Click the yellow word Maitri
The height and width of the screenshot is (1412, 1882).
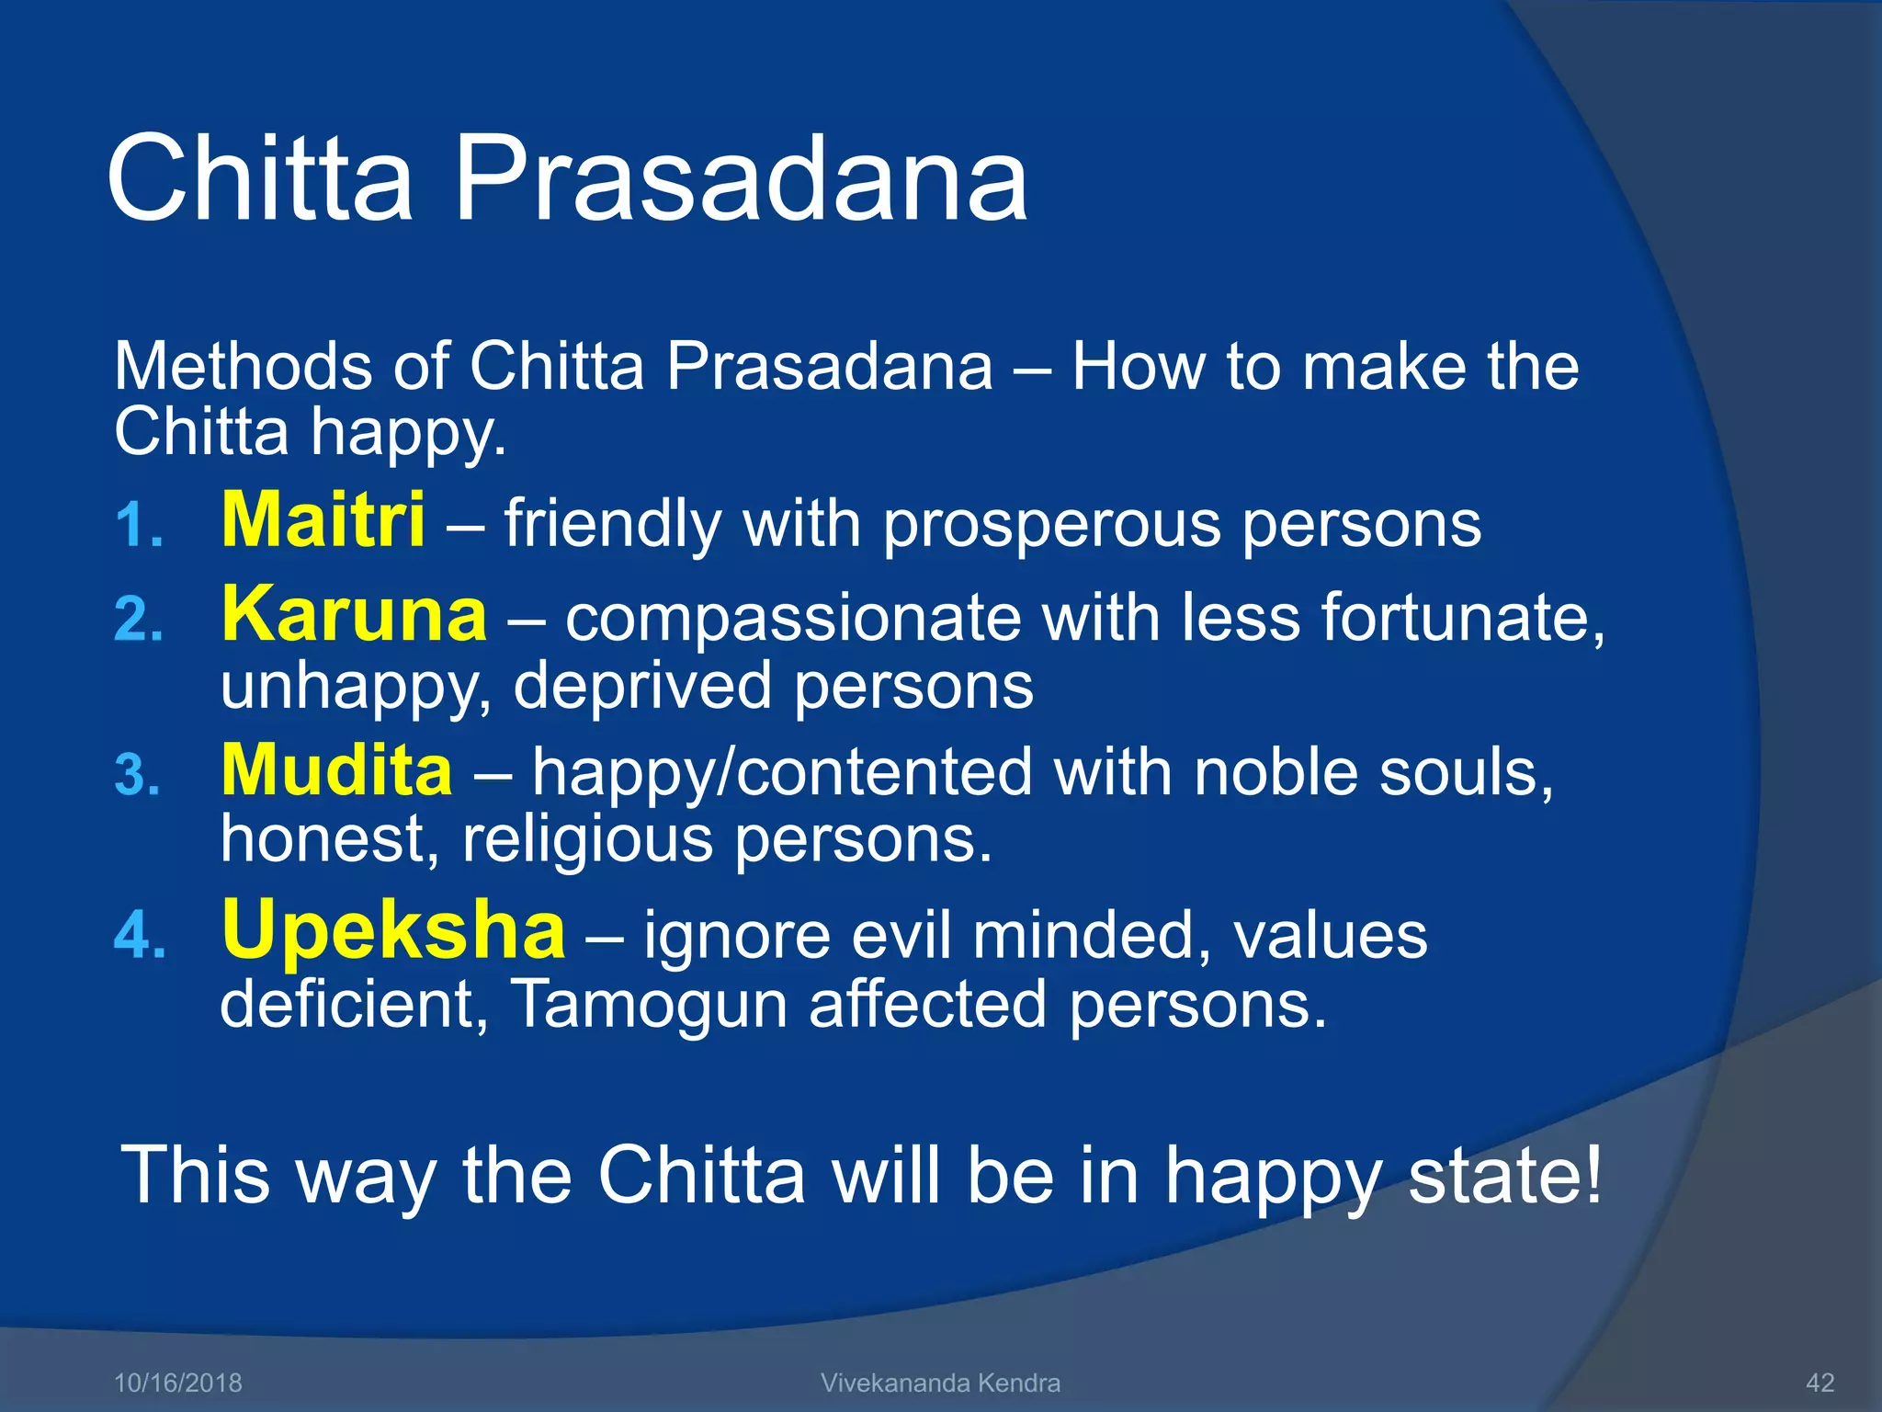pyautogui.click(x=323, y=520)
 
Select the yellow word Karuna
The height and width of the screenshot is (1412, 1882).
pyautogui.click(x=354, y=615)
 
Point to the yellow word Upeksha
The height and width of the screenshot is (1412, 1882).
pyautogui.click(x=393, y=930)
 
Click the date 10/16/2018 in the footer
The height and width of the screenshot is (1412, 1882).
pyautogui.click(x=177, y=1383)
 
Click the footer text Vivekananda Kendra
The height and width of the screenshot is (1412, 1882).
pyautogui.click(x=940, y=1383)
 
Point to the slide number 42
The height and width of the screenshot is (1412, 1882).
pyautogui.click(x=1820, y=1383)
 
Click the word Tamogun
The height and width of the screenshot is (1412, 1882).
pyautogui.click(x=648, y=1004)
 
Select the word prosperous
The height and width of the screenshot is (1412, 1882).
pyautogui.click(x=1051, y=526)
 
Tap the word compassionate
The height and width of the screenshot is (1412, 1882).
pyautogui.click(x=792, y=620)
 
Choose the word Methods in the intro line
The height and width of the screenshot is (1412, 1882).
pyautogui.click(x=242, y=367)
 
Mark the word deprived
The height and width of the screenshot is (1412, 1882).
pyautogui.click(x=641, y=687)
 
